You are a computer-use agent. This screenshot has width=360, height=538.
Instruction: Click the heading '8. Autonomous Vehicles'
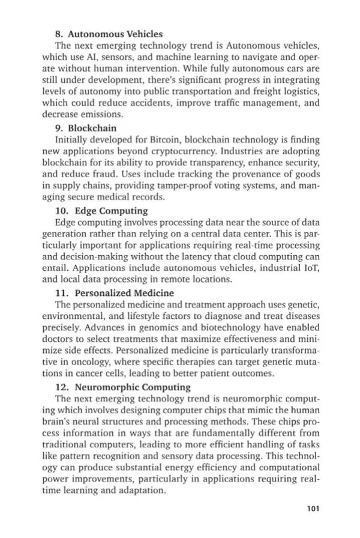(x=109, y=33)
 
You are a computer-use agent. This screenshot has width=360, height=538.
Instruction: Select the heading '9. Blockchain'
(x=91, y=128)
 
